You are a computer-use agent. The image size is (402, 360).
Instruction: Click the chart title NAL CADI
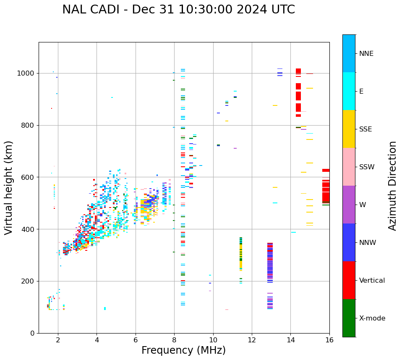pos(178,10)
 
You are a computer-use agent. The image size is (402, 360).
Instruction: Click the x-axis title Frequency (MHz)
pos(183,350)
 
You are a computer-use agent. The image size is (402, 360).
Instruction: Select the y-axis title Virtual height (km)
pos(9,187)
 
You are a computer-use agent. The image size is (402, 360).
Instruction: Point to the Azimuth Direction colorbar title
pos(392,186)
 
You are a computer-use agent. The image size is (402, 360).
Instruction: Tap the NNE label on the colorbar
pos(366,54)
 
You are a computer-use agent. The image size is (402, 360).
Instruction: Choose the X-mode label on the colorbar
pos(372,318)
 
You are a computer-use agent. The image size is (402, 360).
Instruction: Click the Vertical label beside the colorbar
pos(372,281)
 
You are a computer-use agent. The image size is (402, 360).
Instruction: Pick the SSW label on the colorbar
pos(367,167)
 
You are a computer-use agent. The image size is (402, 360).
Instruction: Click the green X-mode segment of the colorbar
pos(349,318)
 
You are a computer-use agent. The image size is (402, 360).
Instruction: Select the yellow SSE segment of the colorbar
pos(349,129)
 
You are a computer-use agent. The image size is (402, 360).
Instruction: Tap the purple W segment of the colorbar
pos(349,205)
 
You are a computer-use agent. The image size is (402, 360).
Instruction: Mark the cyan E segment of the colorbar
pos(349,91)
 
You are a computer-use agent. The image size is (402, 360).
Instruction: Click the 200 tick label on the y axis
pos(29,281)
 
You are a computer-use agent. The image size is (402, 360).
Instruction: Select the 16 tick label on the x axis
pos(329,340)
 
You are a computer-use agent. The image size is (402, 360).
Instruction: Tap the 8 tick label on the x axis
pos(174,340)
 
